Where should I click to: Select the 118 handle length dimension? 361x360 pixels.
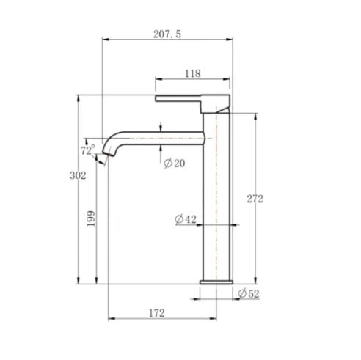(x=192, y=73)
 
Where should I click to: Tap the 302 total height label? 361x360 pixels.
(x=79, y=175)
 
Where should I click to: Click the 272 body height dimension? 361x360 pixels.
(x=255, y=199)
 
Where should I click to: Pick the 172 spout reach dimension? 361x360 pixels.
(x=156, y=312)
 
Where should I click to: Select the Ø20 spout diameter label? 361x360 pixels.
(x=174, y=163)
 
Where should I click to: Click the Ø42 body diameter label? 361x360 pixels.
(x=185, y=219)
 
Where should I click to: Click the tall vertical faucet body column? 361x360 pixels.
(x=219, y=198)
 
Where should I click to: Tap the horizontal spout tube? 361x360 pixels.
(x=161, y=136)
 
